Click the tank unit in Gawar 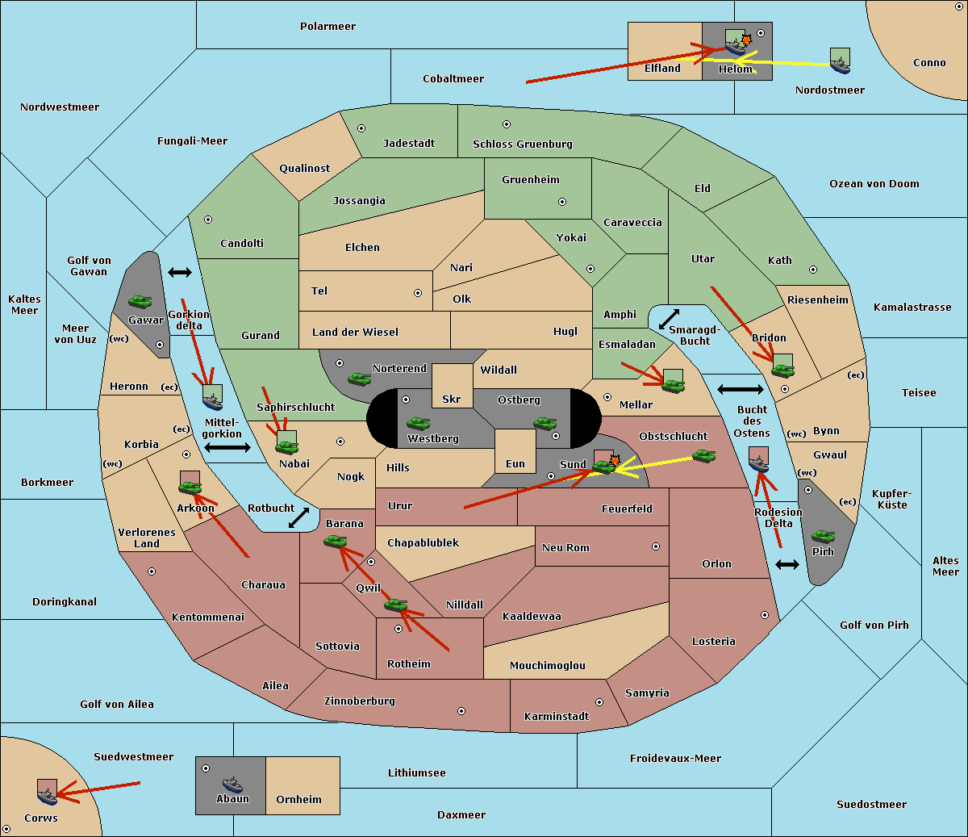140,301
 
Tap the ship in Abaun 232,784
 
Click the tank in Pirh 823,537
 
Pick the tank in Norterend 359,379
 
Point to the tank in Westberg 418,423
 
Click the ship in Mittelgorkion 212,401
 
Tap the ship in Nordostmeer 840,65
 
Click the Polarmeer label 328,27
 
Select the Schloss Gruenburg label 523,144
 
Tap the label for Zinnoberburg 360,701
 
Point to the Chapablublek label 423,542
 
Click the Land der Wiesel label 355,332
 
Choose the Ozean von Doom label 874,184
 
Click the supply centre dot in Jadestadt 361,128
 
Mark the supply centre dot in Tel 418,293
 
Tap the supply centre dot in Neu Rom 656,546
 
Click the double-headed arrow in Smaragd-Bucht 669,319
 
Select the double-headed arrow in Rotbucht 298,517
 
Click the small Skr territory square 452,386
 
